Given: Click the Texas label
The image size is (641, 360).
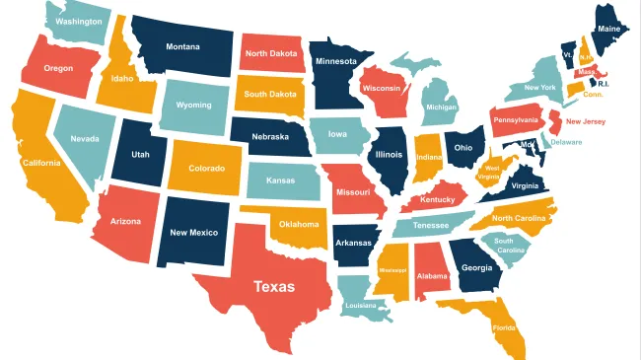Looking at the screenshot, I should tap(273, 287).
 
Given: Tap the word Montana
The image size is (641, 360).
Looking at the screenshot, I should tap(182, 46).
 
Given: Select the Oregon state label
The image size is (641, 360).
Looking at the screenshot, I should tap(58, 68).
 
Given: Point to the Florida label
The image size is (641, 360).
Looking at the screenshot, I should tap(504, 326).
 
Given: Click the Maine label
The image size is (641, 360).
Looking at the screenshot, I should tap(608, 29).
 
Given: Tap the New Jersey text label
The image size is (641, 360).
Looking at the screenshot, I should tap(586, 121).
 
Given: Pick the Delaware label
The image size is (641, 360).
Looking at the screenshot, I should tap(566, 142).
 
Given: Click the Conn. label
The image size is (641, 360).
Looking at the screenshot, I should tap(593, 94).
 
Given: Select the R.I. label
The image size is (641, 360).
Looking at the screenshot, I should tap(604, 84).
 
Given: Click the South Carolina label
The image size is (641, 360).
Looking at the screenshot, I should tap(510, 246).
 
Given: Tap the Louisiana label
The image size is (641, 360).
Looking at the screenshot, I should tap(360, 305).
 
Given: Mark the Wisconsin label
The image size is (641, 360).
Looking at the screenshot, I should tap(381, 88).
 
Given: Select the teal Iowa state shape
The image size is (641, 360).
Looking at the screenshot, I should tap(337, 134).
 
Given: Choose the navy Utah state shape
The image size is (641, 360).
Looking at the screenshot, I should tap(141, 156).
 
